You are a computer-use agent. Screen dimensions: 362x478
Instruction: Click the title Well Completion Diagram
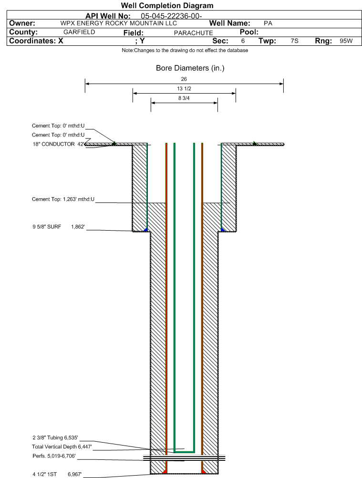click(167, 5)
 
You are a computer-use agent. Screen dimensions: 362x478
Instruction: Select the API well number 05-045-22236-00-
click(171, 16)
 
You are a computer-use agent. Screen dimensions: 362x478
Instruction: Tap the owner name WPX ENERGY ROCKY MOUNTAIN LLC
click(118, 23)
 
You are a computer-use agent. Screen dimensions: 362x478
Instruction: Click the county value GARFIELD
click(79, 32)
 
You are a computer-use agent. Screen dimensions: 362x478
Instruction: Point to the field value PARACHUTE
click(193, 33)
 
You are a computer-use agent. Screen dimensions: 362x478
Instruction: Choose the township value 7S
click(294, 41)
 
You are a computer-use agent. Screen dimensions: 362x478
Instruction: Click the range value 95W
click(346, 41)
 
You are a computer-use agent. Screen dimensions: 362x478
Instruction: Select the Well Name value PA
click(268, 23)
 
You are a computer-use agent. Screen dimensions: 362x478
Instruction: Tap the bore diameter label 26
click(184, 79)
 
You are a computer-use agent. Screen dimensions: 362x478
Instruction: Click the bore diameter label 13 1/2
click(184, 88)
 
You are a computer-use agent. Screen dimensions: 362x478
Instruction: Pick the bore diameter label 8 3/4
click(184, 98)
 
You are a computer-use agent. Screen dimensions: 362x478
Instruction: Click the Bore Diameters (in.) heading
click(190, 68)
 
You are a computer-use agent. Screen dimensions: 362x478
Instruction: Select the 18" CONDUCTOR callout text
click(53, 144)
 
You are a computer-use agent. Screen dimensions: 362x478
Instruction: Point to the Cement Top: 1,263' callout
click(63, 200)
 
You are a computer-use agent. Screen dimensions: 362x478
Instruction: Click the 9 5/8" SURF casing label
click(47, 227)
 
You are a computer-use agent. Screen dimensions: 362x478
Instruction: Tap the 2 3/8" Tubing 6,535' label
click(55, 438)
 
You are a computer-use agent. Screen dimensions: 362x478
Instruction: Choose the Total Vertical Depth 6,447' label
click(62, 447)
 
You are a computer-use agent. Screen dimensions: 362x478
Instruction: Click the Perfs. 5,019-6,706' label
click(54, 456)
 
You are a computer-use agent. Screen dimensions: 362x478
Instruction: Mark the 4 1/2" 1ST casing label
click(45, 474)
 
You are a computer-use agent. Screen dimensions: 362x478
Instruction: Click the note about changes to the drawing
click(185, 50)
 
